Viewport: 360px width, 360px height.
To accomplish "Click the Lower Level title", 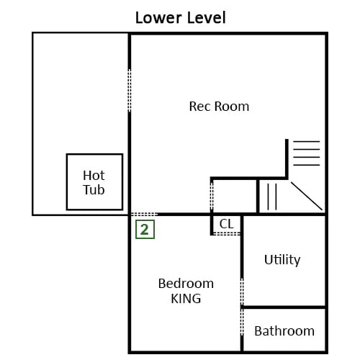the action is [181, 18].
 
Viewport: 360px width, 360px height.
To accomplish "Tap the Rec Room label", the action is [219, 107].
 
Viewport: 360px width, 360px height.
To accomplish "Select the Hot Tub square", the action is [94, 182].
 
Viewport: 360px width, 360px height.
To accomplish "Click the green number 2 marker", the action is [145, 230].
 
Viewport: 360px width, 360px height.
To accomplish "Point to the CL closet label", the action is [226, 224].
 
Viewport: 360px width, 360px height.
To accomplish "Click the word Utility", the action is [282, 260].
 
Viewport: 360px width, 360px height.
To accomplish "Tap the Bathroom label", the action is [284, 331].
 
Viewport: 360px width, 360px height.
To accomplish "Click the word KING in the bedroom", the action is [186, 299].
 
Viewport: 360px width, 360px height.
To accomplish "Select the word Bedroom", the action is [186, 284].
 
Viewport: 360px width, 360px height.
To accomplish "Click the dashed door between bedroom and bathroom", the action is [242, 322].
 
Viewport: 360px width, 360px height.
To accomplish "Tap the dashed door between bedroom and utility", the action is [242, 292].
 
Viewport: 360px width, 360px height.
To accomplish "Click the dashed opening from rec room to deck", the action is [130, 90].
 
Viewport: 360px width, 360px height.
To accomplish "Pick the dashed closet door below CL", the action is [227, 233].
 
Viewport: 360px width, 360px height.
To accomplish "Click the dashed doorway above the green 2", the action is [144, 214].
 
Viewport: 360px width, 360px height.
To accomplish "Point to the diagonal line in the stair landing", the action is [307, 196].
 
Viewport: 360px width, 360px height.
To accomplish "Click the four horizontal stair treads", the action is [307, 153].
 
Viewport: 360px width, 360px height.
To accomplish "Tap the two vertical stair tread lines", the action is [272, 197].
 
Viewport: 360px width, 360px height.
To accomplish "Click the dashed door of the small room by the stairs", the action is [212, 195].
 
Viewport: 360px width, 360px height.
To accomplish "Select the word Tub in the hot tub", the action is [94, 190].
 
